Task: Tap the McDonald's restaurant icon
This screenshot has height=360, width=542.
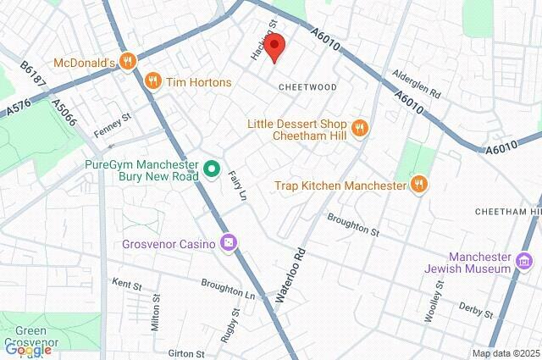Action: pos(128,60)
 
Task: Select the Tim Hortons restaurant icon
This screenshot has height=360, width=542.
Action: pos(153,81)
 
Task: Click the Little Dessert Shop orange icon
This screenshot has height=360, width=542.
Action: pos(360,129)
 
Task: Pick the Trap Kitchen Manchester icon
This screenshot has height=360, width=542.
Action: pos(418,184)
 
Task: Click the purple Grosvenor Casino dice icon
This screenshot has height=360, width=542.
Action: pos(229,243)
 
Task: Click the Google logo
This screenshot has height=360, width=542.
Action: pos(28,348)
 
